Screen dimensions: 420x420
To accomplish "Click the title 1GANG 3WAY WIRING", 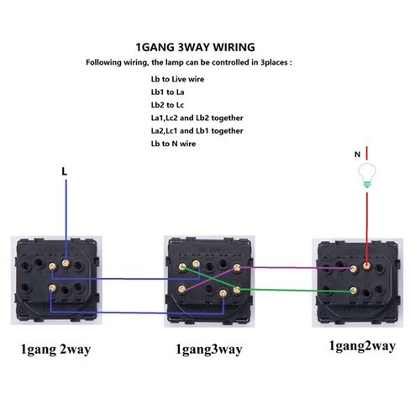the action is (x=195, y=47).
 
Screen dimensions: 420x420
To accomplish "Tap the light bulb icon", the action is (x=367, y=176).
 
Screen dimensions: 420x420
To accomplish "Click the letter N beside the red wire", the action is (x=357, y=155).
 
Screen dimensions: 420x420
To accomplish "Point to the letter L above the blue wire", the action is (x=65, y=171).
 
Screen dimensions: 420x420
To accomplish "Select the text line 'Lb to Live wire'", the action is (x=177, y=79).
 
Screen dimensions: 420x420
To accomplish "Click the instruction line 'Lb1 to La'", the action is (x=167, y=92).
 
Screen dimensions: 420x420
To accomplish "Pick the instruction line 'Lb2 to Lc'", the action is (x=167, y=105).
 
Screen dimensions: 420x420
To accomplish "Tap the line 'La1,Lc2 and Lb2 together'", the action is (x=197, y=118).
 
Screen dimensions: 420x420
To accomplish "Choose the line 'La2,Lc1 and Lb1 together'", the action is (x=197, y=131).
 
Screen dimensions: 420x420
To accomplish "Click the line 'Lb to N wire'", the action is (x=173, y=144).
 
